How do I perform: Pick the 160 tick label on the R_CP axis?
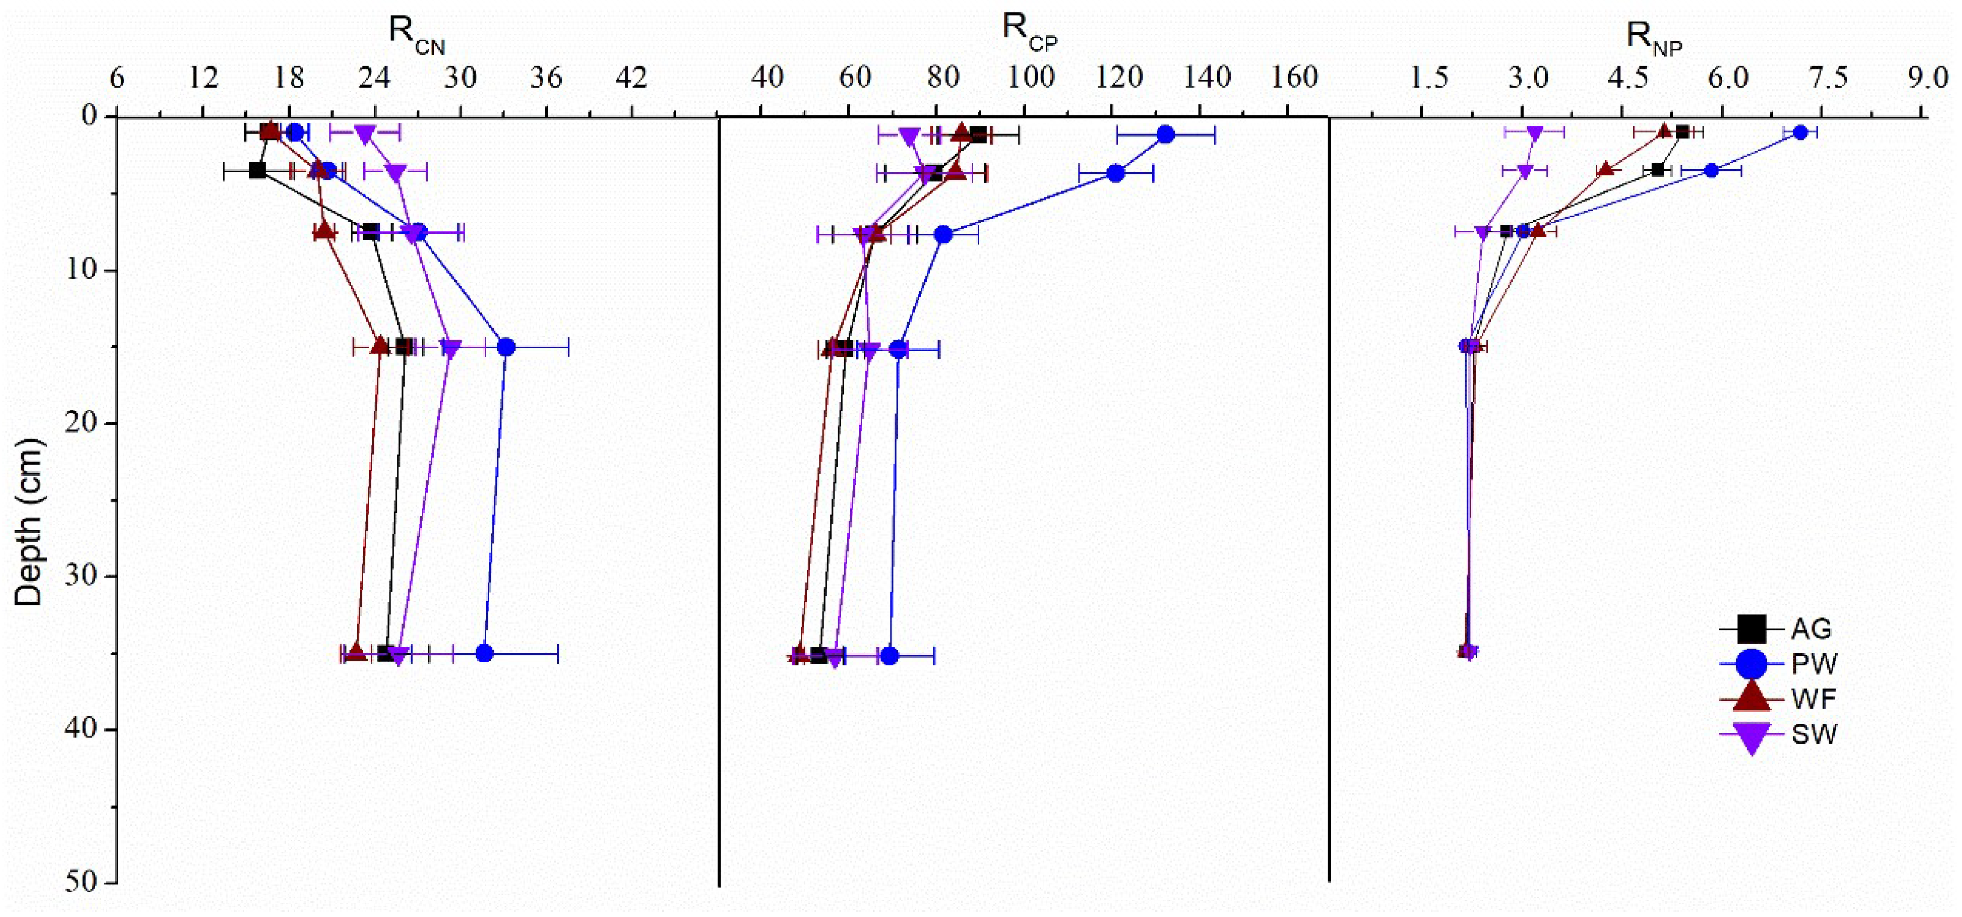point(1295,77)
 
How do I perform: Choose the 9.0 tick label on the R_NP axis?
point(1928,77)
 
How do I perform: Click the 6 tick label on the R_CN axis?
point(117,77)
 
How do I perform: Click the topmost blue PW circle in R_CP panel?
point(1165,135)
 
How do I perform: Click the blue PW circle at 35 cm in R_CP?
point(889,656)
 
